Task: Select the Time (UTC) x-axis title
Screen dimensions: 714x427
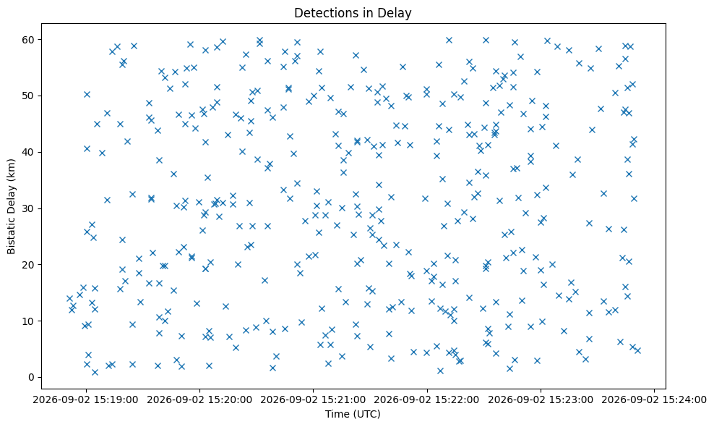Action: (x=353, y=414)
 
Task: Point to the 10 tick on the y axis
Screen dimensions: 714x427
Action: (x=30, y=321)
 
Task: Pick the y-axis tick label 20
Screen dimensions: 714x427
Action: (x=30, y=265)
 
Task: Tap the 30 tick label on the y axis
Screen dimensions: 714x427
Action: (x=30, y=208)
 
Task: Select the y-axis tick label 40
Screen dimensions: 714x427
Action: (x=30, y=153)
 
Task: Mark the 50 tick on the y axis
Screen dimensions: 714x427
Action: (x=30, y=96)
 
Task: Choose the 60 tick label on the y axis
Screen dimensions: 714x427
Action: (x=30, y=40)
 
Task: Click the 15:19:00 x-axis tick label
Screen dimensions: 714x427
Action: (x=86, y=400)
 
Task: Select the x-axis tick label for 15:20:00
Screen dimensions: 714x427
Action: (x=199, y=400)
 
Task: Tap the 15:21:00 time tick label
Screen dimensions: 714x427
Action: (x=314, y=400)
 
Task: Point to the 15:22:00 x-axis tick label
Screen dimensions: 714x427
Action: (x=427, y=400)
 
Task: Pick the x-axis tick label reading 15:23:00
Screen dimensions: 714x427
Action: (x=541, y=400)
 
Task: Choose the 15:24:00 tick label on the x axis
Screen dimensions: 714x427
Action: (x=654, y=400)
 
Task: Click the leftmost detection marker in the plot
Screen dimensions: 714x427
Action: (x=69, y=299)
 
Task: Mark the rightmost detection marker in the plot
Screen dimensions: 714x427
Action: (x=637, y=350)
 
